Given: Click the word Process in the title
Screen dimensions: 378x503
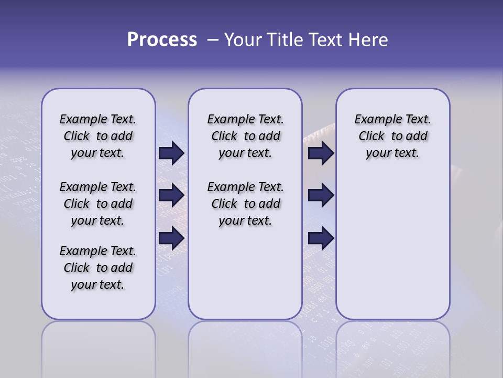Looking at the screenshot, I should click(x=162, y=39).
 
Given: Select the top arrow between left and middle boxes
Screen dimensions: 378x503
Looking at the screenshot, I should click(x=171, y=153).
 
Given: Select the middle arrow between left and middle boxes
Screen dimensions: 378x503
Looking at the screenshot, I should click(x=171, y=195).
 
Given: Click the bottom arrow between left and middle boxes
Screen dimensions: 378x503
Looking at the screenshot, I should click(x=171, y=238).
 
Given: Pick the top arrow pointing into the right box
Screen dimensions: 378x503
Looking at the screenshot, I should click(x=321, y=153).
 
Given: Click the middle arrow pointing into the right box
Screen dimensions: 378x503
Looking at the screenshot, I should click(x=321, y=195).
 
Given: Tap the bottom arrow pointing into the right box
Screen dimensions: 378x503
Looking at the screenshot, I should click(x=321, y=238).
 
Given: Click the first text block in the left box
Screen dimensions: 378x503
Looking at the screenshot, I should click(x=98, y=136).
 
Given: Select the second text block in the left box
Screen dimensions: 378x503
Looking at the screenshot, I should click(x=98, y=204).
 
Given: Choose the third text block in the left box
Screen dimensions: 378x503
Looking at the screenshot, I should click(x=98, y=268).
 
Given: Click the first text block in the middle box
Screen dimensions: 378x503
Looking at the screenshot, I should click(x=245, y=136).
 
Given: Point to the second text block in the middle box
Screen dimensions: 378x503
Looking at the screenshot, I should click(x=245, y=204).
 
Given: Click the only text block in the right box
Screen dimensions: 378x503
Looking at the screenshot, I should click(x=392, y=136).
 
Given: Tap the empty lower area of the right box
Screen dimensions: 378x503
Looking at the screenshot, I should click(x=392, y=247).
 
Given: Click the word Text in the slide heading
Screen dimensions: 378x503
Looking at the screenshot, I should click(x=321, y=40).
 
